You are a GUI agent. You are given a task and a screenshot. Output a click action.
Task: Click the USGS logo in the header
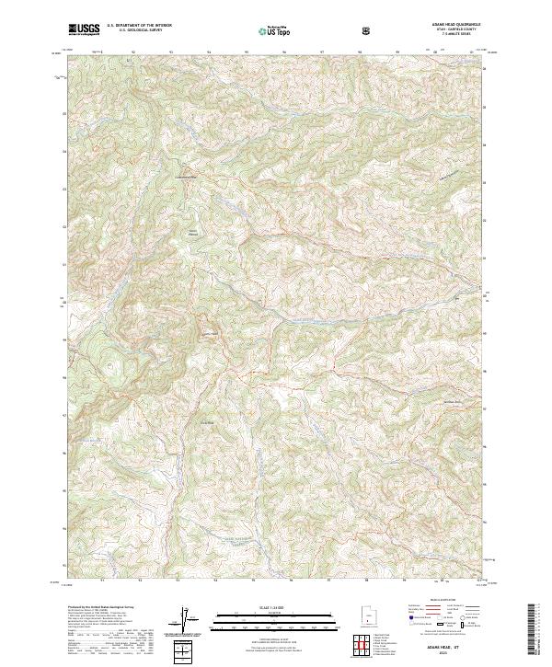pyautogui.click(x=84, y=29)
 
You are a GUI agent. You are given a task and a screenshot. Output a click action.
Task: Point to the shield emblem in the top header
pyautogui.click(x=368, y=30)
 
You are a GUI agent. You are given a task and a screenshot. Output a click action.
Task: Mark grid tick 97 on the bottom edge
pyautogui.click(x=328, y=581)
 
